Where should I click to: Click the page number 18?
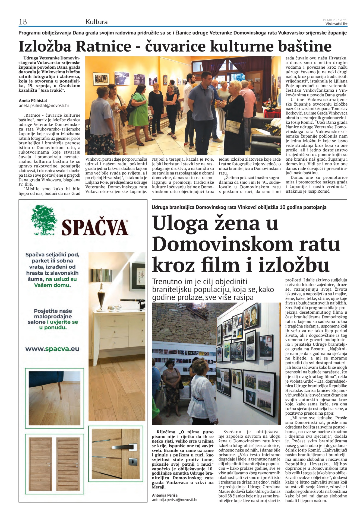click(x=23, y=22)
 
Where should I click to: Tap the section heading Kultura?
click(x=96, y=22)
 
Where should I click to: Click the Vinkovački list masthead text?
click(x=336, y=24)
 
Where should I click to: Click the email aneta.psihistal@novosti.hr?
click(x=44, y=106)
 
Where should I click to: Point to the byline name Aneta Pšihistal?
click(x=33, y=100)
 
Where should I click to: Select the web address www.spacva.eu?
click(x=52, y=349)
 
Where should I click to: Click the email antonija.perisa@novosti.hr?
click(x=175, y=500)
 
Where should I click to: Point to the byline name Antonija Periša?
click(x=165, y=495)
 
